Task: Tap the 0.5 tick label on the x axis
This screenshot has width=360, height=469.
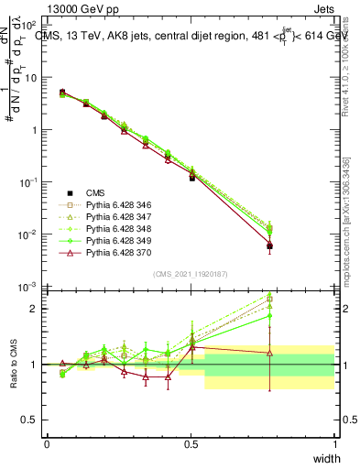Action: pos(191,443)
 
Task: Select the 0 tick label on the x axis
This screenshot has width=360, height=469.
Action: pos(47,443)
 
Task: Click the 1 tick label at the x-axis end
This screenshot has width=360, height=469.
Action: pos(334,443)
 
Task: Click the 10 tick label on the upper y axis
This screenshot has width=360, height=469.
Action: pos(32,77)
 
